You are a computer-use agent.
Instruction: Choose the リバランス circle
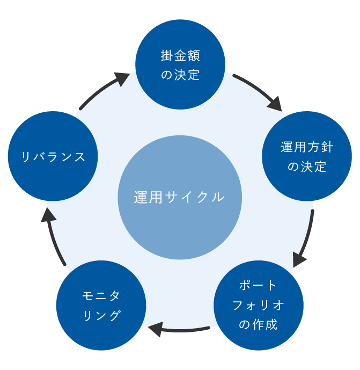click(53, 156)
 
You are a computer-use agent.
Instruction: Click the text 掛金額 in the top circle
click(180, 55)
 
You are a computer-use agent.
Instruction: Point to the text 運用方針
click(306, 147)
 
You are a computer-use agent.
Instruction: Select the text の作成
click(258, 324)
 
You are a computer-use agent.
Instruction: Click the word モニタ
click(101, 296)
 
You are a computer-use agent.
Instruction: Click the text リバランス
click(53, 157)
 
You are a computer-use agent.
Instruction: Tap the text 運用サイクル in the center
click(179, 197)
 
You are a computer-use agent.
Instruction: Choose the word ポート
click(258, 285)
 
